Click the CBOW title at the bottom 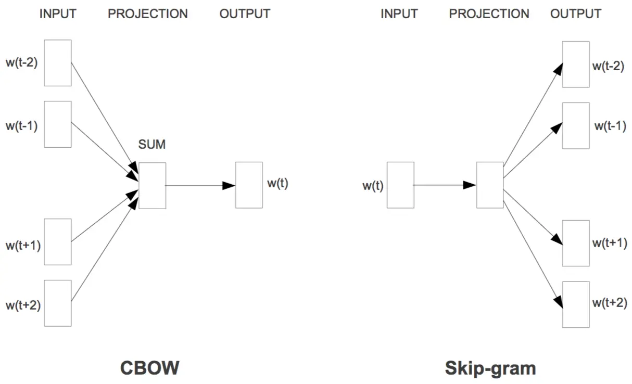pos(150,368)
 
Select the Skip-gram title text pos(490,368)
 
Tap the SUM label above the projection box pos(151,145)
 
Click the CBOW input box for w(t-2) pos(57,63)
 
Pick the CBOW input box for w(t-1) pos(57,124)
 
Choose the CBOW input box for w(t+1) pos(57,242)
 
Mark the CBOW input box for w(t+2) pos(57,303)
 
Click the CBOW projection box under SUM pos(152,186)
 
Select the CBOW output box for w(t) pos(249,185)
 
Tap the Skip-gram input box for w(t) pos(400,185)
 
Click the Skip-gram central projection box pos(490,185)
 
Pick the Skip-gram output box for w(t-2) pos(576,65)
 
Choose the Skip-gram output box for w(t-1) pos(576,126)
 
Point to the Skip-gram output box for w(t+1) pos(576,243)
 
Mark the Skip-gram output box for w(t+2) pos(576,304)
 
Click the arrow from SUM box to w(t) pos(200,185)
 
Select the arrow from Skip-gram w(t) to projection pos(445,185)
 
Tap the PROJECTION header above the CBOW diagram pos(148,14)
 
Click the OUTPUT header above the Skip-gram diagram pos(576,14)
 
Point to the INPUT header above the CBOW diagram pos(58,14)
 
